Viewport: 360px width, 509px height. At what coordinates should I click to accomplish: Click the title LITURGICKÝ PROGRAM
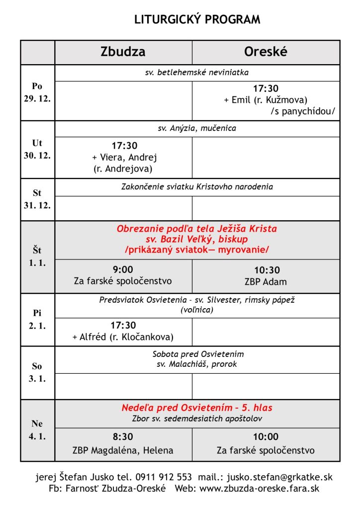pyautogui.click(x=197, y=20)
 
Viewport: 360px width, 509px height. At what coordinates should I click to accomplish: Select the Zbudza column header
pyautogui.click(x=123, y=52)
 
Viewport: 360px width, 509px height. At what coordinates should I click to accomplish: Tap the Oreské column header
pyautogui.click(x=266, y=52)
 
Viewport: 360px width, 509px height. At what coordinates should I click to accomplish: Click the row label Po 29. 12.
pyautogui.click(x=37, y=92)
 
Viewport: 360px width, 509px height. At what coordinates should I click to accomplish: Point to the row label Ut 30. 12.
pyautogui.click(x=37, y=149)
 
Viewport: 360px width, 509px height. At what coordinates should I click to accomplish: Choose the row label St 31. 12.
pyautogui.click(x=37, y=199)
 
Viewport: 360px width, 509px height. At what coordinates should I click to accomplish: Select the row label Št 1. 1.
pyautogui.click(x=37, y=256)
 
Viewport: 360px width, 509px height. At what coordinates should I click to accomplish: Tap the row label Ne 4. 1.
pyautogui.click(x=37, y=430)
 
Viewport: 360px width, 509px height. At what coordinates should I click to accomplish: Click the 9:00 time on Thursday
pyautogui.click(x=123, y=269)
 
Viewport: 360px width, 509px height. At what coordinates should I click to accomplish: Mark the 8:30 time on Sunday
pyautogui.click(x=123, y=437)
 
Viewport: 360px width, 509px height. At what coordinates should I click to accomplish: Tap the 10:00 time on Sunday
pyautogui.click(x=266, y=437)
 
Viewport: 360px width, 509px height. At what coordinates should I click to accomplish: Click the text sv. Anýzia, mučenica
pyautogui.click(x=197, y=128)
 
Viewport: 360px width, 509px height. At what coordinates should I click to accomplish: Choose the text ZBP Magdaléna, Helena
pyautogui.click(x=123, y=450)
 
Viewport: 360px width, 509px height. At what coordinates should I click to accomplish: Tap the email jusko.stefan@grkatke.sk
pyautogui.click(x=279, y=477)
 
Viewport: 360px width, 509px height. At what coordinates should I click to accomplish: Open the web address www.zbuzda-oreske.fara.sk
pyautogui.click(x=259, y=489)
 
